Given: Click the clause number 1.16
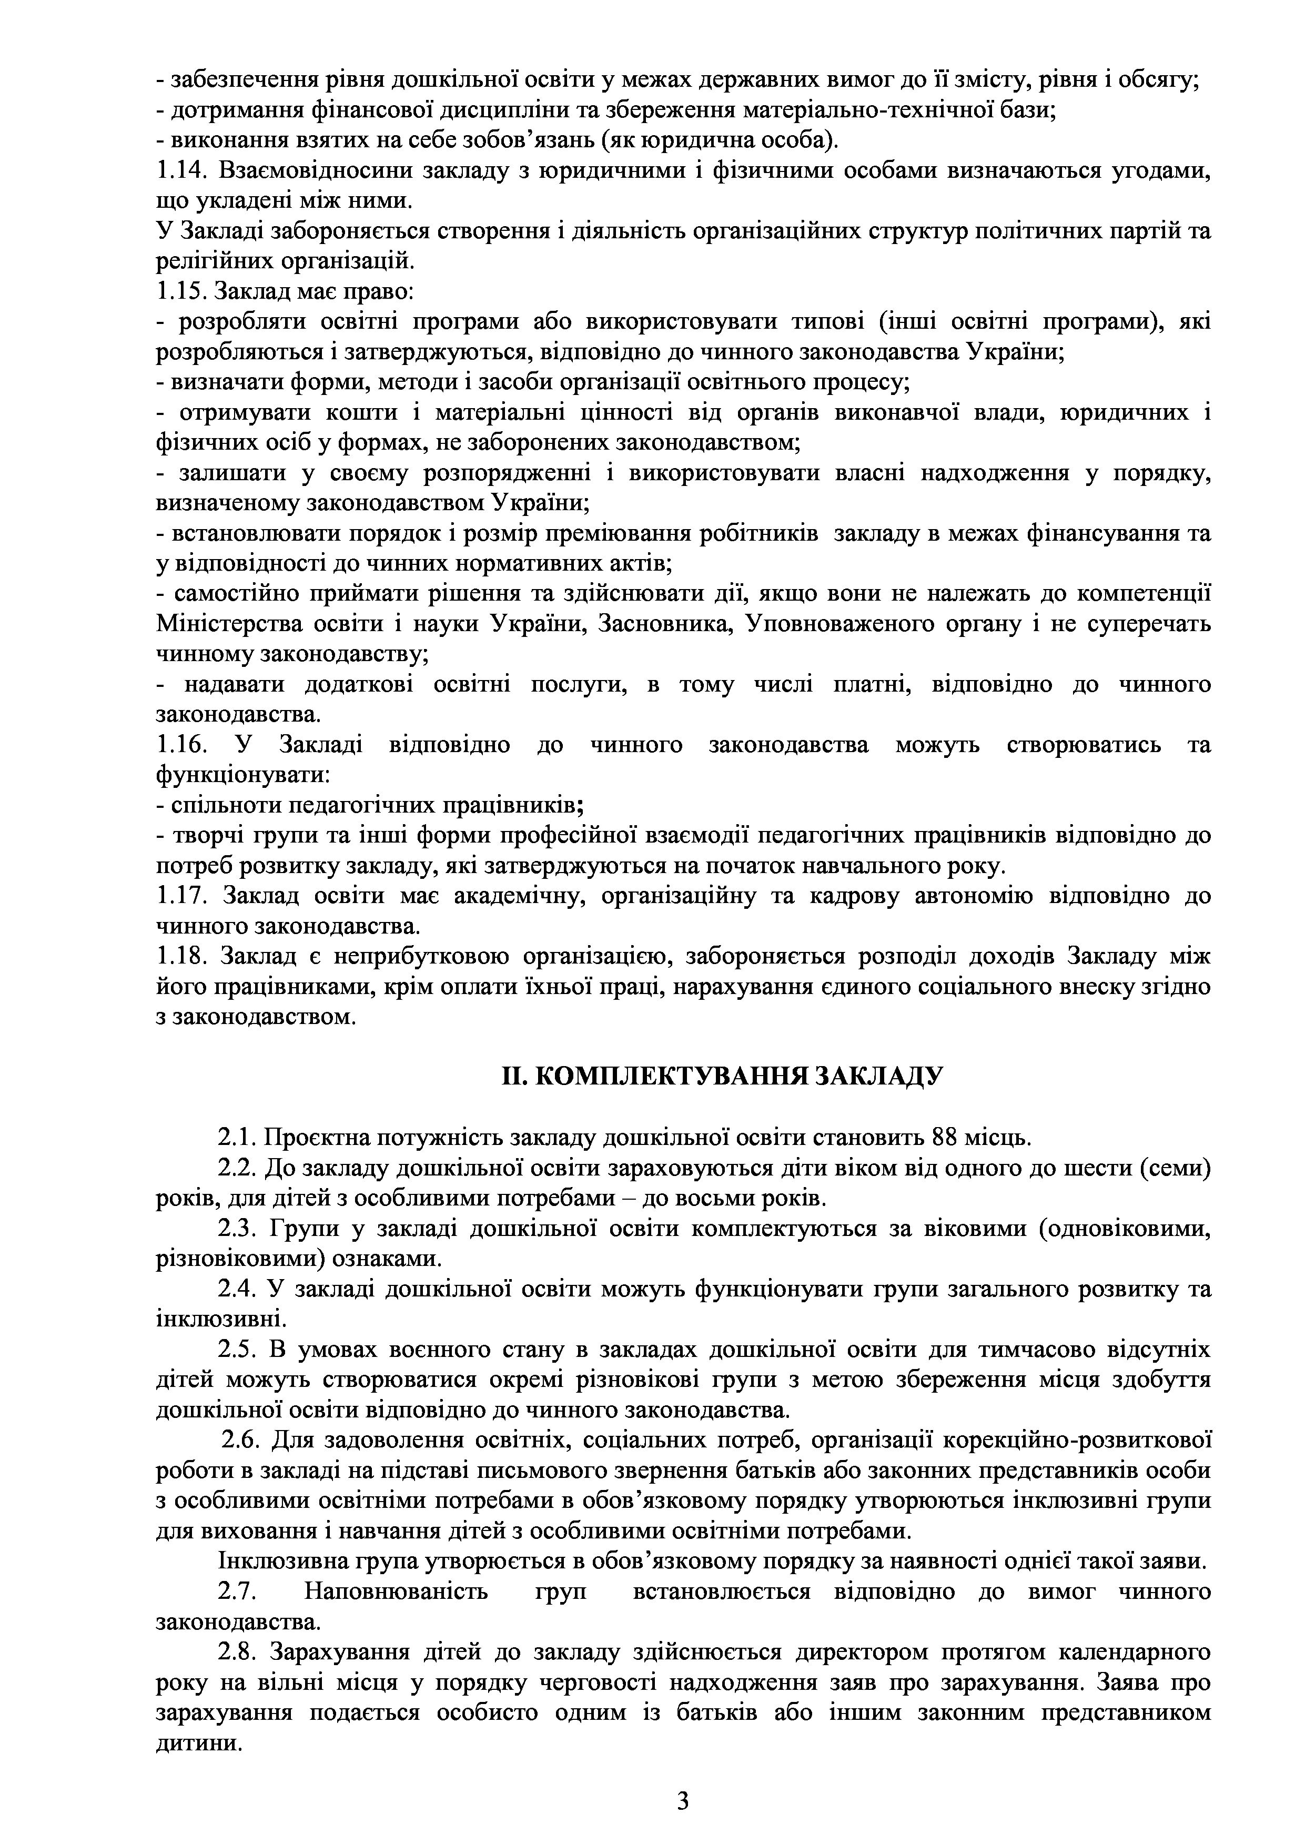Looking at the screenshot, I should click(181, 745).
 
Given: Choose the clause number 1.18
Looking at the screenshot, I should click(181, 956).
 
